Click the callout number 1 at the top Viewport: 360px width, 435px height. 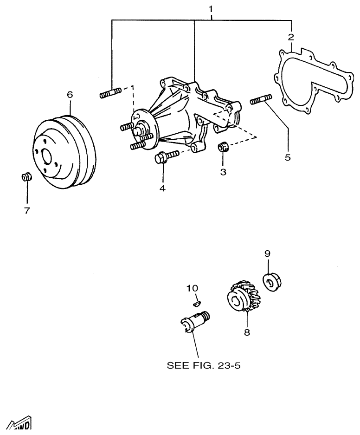point(212,9)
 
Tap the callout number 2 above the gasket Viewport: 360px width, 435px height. point(291,37)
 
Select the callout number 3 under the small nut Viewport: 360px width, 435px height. point(223,172)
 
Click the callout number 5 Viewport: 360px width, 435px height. point(288,157)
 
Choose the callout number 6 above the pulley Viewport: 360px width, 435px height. point(70,94)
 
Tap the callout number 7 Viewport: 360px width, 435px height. point(27,210)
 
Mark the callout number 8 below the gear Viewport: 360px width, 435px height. point(247,332)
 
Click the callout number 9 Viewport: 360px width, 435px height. point(267,253)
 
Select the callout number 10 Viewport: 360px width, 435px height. point(192,288)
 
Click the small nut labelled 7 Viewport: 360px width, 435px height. point(27,177)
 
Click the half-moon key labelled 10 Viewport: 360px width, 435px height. point(196,303)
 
